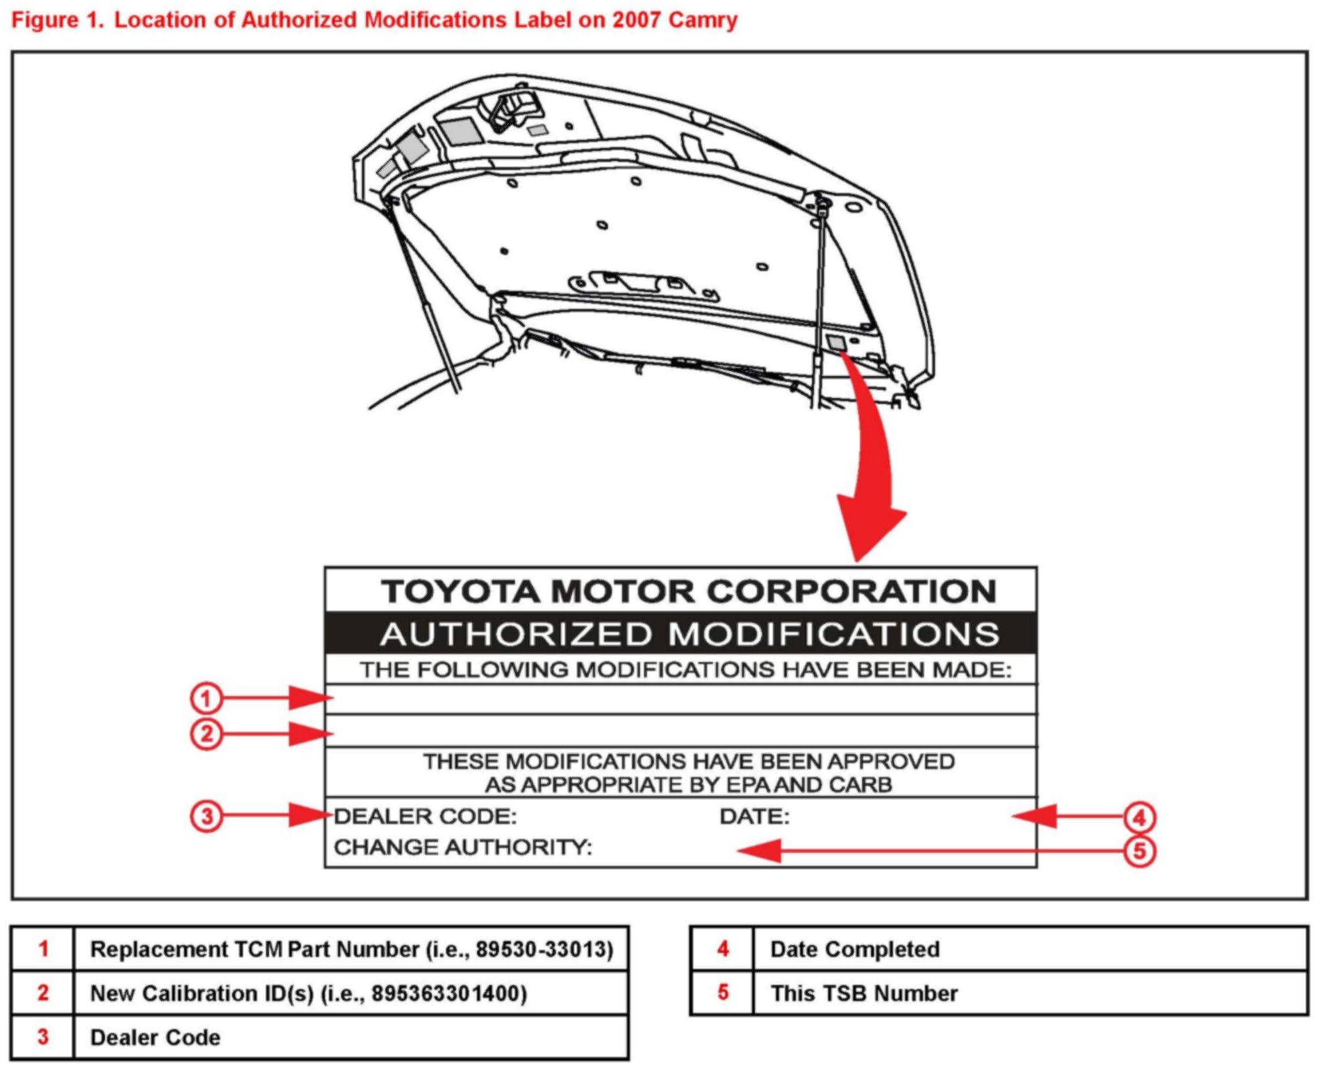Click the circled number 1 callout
pyautogui.click(x=206, y=699)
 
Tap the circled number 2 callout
pyautogui.click(x=206, y=734)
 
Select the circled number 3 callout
pyautogui.click(x=206, y=817)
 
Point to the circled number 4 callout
pyautogui.click(x=1140, y=817)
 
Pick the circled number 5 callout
pyautogui.click(x=1140, y=851)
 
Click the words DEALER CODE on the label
pyautogui.click(x=425, y=817)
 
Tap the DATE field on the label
pyautogui.click(x=754, y=817)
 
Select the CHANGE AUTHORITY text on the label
pyautogui.click(x=463, y=847)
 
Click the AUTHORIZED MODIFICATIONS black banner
pyautogui.click(x=681, y=633)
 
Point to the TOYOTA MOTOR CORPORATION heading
pyautogui.click(x=689, y=591)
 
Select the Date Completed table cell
pyautogui.click(x=855, y=950)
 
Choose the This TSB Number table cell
pyautogui.click(x=863, y=994)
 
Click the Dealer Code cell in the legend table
pyautogui.click(x=155, y=1038)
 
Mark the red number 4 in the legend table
pyautogui.click(x=722, y=949)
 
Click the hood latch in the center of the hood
pyautogui.click(x=639, y=282)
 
